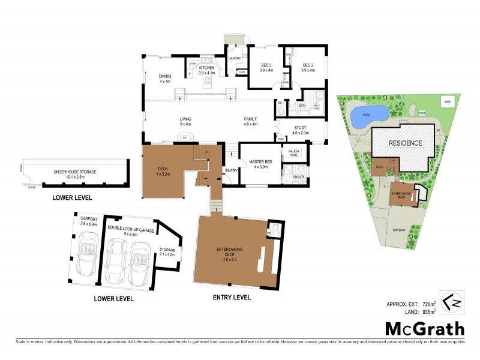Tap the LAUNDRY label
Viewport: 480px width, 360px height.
234,58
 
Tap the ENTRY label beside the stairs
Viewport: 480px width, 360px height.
232,171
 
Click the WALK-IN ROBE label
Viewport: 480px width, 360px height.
295,152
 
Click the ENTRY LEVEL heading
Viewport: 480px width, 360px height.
232,297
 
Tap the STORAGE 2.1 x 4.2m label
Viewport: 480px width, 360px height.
167,252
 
